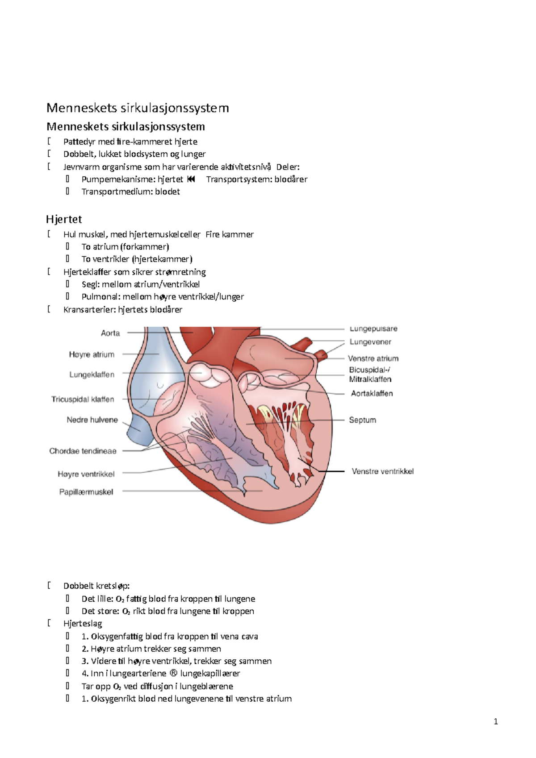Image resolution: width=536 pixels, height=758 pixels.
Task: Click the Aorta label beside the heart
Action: coord(110,333)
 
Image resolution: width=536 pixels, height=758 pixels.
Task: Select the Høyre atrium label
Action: coord(92,354)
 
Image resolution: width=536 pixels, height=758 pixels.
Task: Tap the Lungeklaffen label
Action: coord(92,375)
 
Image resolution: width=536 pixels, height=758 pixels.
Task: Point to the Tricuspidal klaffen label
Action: coord(83,399)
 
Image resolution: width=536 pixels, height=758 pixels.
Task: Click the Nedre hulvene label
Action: coord(92,420)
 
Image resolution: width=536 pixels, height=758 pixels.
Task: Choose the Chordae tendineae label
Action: coord(83,451)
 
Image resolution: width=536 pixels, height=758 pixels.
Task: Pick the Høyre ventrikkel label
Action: coord(86,474)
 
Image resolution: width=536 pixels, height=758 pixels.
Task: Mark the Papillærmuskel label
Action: coord(86,492)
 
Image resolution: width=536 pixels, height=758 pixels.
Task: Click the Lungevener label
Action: coord(370,342)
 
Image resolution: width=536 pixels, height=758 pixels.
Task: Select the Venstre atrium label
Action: coord(373,358)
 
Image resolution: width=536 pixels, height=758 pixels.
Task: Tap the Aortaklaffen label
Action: coord(372,393)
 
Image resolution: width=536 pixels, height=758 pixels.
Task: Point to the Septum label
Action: coord(362,420)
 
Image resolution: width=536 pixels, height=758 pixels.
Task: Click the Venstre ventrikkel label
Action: coord(382,471)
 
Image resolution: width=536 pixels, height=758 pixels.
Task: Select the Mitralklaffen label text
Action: coord(370,379)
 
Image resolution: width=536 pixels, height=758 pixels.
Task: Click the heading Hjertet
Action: coord(64,219)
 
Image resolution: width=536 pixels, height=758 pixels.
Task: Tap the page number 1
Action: coord(496,722)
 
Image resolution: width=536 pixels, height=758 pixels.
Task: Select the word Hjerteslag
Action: coord(83,624)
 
